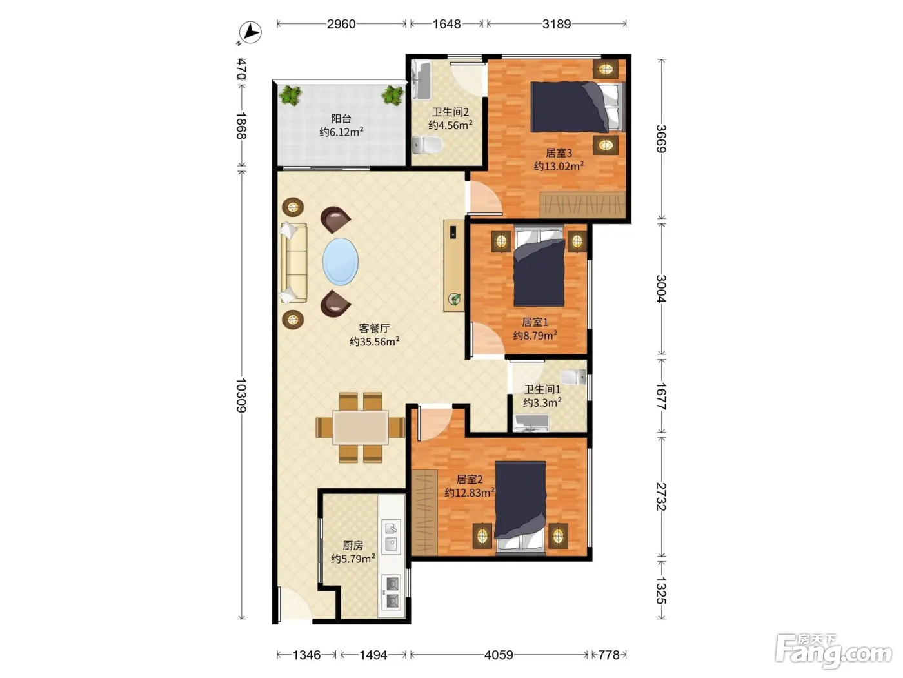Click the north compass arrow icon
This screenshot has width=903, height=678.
pos(250,32)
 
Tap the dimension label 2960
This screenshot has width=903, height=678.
pos(341,24)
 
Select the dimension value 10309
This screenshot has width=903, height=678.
pos(241,395)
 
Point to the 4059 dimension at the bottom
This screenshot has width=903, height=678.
pos(499,655)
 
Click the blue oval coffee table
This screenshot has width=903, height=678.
pos(340,262)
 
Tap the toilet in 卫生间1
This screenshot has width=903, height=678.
pos(573,376)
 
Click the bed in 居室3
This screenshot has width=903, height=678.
pos(578,107)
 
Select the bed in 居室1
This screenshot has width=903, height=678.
pos(539,267)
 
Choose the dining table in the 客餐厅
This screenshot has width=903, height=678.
pos(361,427)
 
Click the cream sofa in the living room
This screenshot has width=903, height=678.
pos(293,263)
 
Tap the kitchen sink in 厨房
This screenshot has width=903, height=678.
pos(391,537)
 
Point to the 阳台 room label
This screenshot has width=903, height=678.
pos(341,119)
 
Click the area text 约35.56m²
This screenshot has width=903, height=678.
pos(374,342)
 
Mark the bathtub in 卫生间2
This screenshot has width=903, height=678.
pos(421,80)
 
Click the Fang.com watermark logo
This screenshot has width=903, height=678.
pos(833,651)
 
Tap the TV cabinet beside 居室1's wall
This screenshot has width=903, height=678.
pos(454,265)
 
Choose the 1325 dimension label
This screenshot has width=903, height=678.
pos(660,590)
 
